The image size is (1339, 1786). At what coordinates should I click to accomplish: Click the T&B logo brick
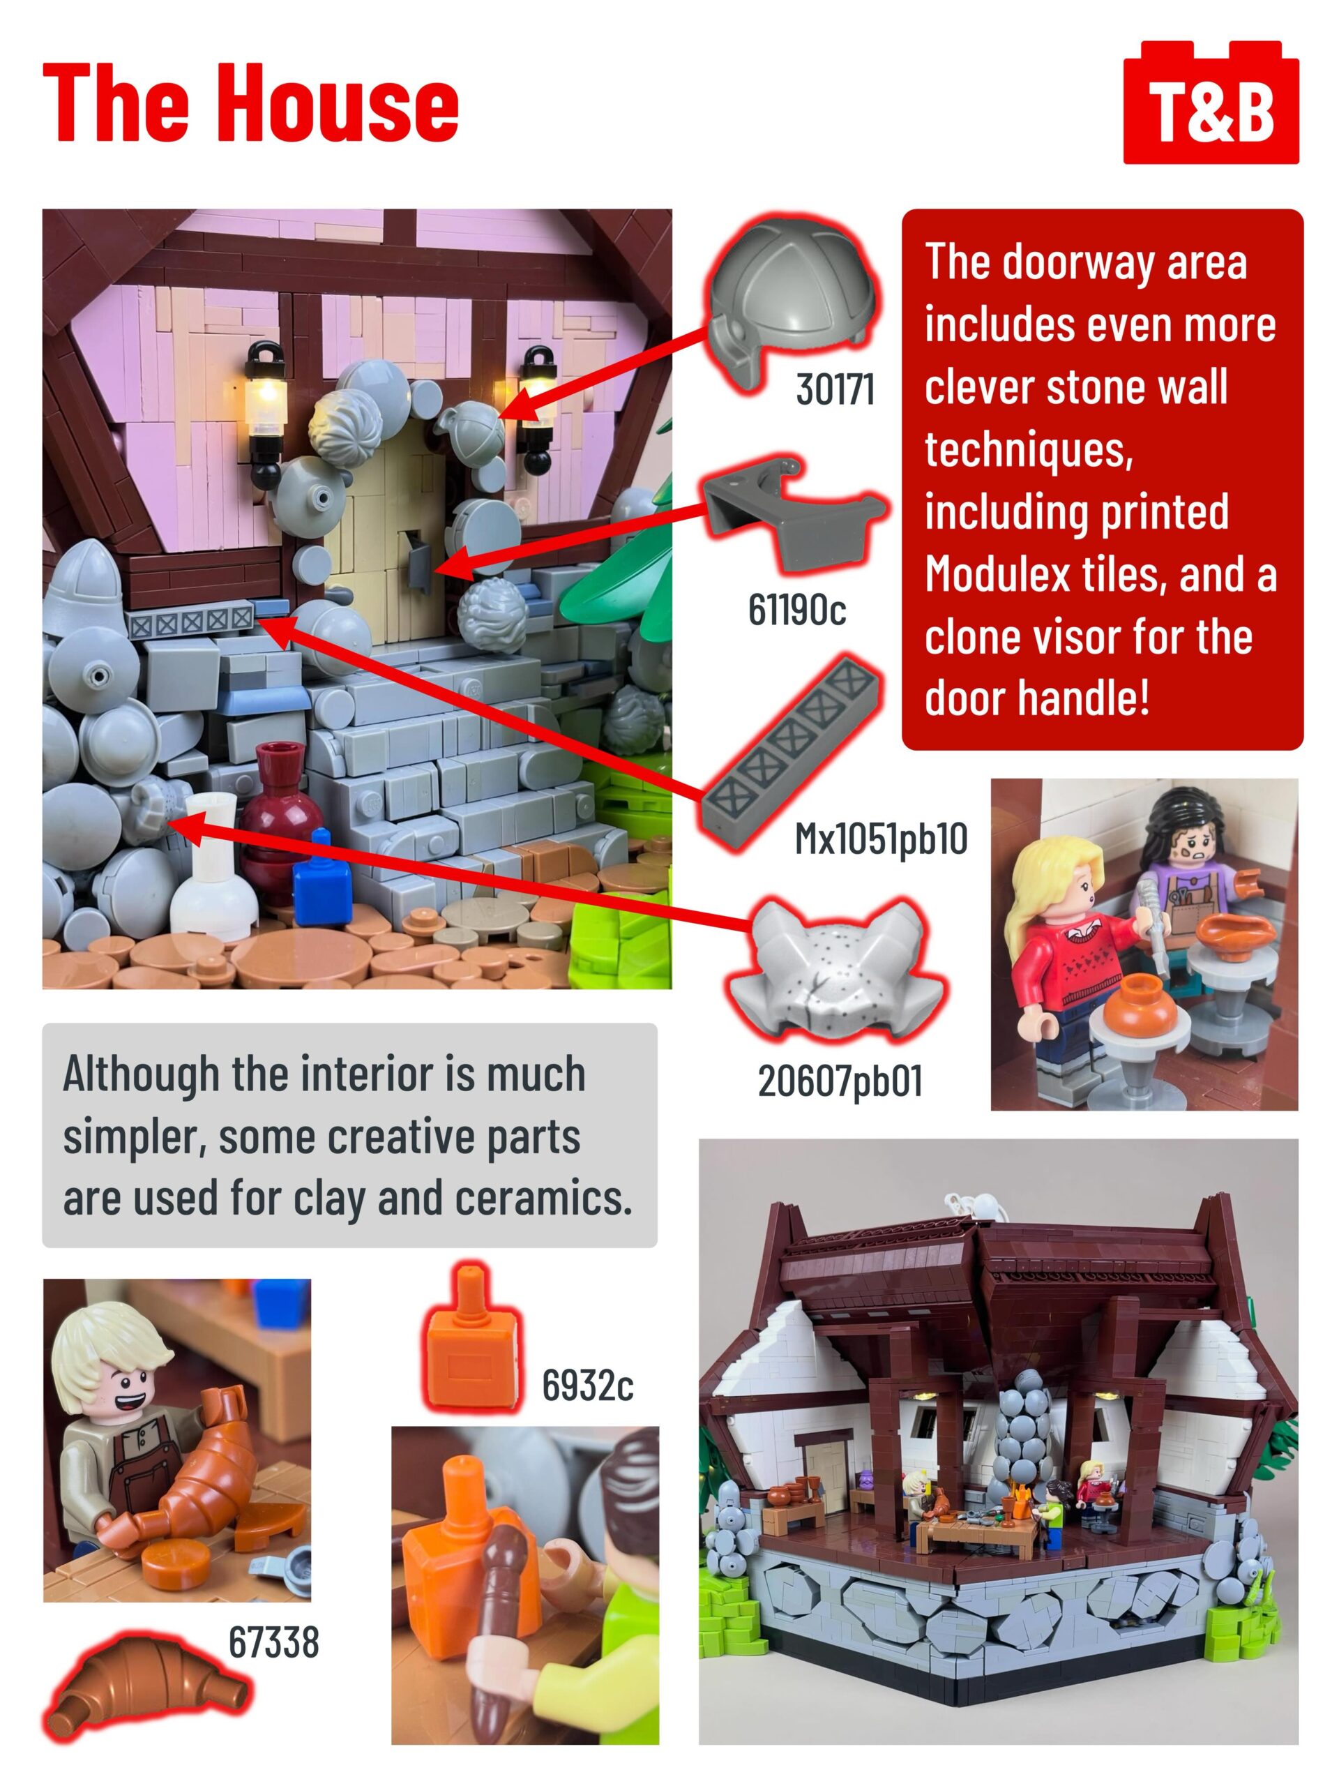point(1211,103)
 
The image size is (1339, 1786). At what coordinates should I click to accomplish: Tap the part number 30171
point(835,389)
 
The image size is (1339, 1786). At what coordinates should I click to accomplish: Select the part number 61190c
point(796,609)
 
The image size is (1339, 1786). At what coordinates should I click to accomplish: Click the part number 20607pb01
point(840,1080)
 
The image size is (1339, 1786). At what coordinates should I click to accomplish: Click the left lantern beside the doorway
point(266,410)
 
